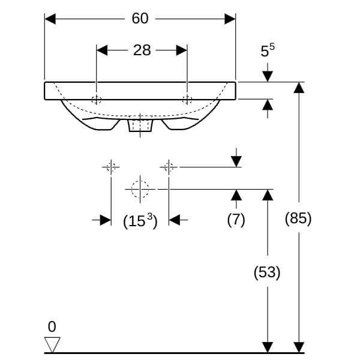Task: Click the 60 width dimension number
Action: coord(140,19)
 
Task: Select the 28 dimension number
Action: coord(142,50)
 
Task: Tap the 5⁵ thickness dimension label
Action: coord(268,51)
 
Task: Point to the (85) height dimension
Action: coord(298,218)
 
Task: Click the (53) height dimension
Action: coord(267,272)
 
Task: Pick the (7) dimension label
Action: coord(236,220)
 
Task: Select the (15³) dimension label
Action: coord(140,221)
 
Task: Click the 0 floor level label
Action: coord(52,327)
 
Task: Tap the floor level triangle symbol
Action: coord(52,344)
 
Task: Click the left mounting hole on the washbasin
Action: coord(97,100)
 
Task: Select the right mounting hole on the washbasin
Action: coord(187,100)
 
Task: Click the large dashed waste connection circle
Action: coord(140,189)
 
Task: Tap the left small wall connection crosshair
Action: coord(111,167)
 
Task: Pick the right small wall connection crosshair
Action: coord(169,167)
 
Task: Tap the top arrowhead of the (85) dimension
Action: coord(298,88)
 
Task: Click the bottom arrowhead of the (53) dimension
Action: coord(267,347)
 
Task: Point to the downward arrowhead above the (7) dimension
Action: coord(236,161)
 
